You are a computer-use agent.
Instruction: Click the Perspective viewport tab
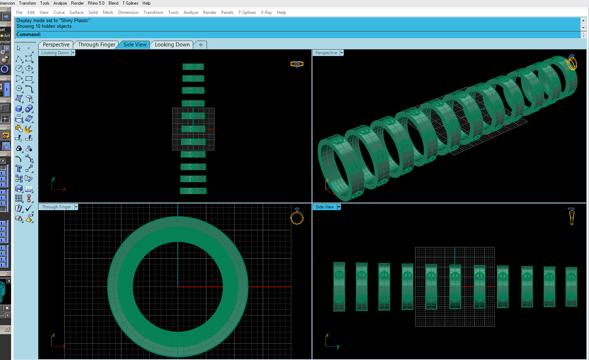coord(56,45)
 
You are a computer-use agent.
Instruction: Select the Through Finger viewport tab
coord(97,45)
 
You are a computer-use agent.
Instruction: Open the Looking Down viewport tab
coord(172,45)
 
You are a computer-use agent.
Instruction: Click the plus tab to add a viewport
coord(201,45)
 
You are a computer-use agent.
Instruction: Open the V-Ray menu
coord(266,12)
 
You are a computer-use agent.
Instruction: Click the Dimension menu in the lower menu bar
coord(128,12)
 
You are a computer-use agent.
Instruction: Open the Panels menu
coord(227,12)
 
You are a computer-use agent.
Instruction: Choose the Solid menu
coord(93,12)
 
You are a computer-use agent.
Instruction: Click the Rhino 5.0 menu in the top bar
coord(96,3)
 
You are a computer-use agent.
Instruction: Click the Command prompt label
coord(29,35)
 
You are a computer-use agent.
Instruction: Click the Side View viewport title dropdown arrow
coord(339,207)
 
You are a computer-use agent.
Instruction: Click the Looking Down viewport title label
coord(55,53)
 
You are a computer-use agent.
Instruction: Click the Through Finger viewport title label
coord(56,207)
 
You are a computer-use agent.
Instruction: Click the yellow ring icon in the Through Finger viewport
coord(297,217)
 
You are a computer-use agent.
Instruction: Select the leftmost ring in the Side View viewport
coord(339,287)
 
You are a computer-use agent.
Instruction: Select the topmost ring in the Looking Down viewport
coord(193,67)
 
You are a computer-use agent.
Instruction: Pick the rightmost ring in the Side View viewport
coord(571,287)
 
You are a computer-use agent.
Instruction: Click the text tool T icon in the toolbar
coord(19,168)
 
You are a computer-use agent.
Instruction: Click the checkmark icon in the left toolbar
coord(29,208)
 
